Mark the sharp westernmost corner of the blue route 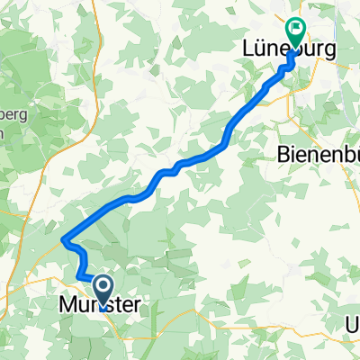click(x=64, y=239)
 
